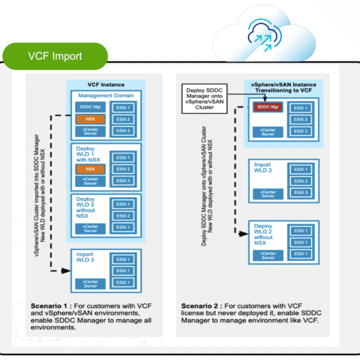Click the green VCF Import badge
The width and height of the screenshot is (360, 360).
pos(55,56)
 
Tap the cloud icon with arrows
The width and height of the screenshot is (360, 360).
pos(265,35)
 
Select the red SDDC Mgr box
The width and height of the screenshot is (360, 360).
pos(268,107)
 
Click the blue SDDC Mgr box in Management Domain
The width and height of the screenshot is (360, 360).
pos(90,107)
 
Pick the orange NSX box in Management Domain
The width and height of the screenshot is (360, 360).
pos(90,119)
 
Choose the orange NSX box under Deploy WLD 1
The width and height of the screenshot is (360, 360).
pos(90,169)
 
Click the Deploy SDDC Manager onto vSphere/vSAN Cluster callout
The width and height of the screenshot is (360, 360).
pos(204,98)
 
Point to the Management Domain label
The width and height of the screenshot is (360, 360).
pos(106,95)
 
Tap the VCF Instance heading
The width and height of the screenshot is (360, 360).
pos(106,85)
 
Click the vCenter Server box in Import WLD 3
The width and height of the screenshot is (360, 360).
pos(90,284)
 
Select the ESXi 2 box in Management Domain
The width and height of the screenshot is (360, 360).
pos(123,119)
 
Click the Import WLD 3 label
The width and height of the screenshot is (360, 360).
pos(85,257)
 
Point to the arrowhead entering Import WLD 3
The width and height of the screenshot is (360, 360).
pos(66,271)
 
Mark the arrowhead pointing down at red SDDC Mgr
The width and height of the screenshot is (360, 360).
pos(265,98)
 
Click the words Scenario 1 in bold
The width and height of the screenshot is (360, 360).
pos(49,306)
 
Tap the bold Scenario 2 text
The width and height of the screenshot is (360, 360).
pos(199,306)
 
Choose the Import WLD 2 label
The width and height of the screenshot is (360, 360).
pos(263,167)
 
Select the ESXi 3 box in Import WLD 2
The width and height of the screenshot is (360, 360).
pos(301,193)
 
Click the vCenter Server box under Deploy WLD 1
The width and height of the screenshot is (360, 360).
pos(90,181)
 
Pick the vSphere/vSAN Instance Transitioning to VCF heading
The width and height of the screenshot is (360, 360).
pos(284,87)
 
